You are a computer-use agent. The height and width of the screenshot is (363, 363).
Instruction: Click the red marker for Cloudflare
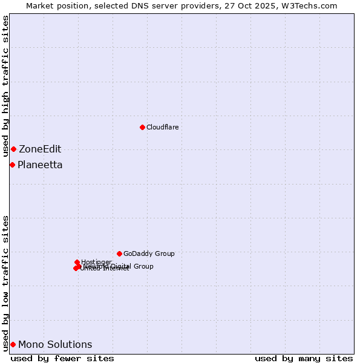(x=142, y=127)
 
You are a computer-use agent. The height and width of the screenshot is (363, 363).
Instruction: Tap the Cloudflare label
(x=162, y=127)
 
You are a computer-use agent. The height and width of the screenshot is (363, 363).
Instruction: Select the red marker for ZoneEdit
(x=13, y=149)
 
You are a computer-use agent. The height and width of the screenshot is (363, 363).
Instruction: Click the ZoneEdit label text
(x=40, y=149)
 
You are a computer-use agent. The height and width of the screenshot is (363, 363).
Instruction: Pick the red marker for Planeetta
(x=12, y=165)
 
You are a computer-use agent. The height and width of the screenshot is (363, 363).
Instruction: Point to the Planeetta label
(x=40, y=165)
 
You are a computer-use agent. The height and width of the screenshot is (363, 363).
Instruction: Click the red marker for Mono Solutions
(x=13, y=344)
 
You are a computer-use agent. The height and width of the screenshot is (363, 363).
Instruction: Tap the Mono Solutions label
(x=55, y=345)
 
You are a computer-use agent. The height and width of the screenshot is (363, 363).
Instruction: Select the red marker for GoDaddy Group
(x=119, y=253)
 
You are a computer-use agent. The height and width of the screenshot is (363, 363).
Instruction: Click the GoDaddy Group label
(x=149, y=254)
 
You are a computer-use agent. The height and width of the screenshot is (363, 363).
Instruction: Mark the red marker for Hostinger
(x=77, y=262)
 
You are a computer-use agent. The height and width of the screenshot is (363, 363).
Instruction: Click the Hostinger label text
(x=96, y=262)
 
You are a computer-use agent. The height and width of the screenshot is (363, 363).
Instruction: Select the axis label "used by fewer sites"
(x=62, y=359)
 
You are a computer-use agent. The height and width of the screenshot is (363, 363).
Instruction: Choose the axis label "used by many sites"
(x=304, y=359)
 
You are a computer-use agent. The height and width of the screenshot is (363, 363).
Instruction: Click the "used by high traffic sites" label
(x=6, y=87)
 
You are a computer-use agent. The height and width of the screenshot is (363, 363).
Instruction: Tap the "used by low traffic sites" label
(x=6, y=283)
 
